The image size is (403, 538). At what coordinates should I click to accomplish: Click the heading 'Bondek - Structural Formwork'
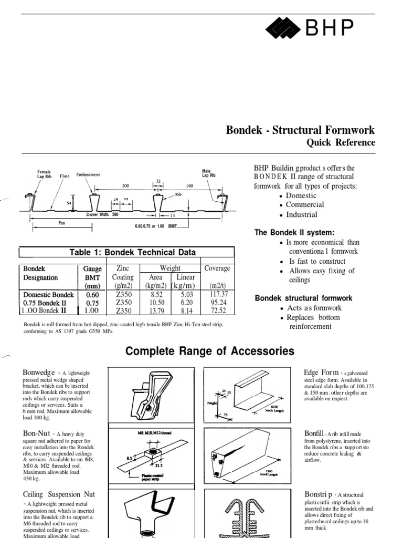tap(300, 130)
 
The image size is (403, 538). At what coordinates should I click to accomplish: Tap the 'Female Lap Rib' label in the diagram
tap(45, 174)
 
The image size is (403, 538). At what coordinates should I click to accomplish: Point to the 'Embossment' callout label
tap(88, 174)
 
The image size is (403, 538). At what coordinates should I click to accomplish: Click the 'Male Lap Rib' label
tap(209, 173)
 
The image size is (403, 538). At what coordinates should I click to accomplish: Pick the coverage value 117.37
tap(217, 294)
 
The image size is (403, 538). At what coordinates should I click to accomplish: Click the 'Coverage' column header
tap(217, 268)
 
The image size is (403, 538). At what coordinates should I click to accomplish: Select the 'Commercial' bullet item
tap(305, 204)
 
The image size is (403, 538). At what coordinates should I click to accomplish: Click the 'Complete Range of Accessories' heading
tap(210, 351)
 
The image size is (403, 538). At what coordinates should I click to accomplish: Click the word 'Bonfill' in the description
tap(314, 433)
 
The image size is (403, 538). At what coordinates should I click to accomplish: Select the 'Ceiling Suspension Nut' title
tap(59, 494)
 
